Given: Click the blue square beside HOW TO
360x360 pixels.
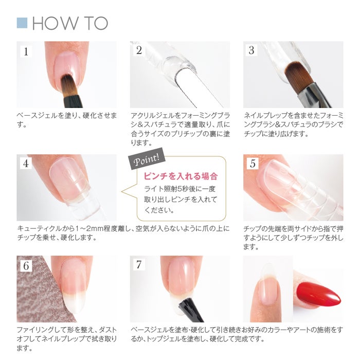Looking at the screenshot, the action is pos(22,23).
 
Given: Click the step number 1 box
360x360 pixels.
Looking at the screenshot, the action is pos(26,51).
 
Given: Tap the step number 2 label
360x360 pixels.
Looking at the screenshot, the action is pos(139,50).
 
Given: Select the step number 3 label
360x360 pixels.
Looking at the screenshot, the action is pos(251,50).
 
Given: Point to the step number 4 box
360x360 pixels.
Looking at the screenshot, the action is pos(26,164).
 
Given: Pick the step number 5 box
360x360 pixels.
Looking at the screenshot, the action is pos(253,164).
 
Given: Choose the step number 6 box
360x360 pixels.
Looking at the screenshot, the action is pos(26,265).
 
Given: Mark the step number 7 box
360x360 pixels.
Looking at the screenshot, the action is pos(139,264).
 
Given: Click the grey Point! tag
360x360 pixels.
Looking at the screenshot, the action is pos(146,158).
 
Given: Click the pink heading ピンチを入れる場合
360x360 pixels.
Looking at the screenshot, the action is pos(181,176).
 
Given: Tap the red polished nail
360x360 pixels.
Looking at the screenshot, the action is pos(318,295).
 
